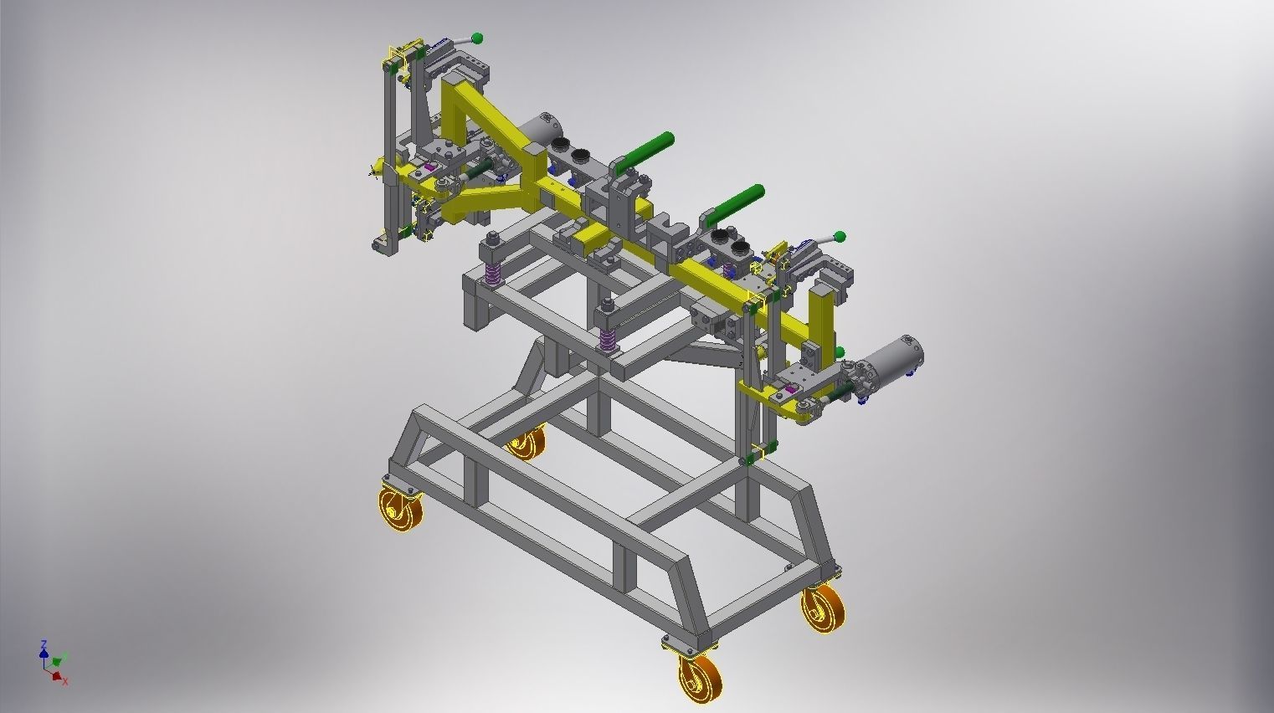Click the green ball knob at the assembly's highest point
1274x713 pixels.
click(477, 38)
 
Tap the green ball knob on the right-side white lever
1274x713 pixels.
click(840, 237)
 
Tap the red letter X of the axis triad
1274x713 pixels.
click(64, 681)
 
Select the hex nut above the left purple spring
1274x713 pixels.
click(493, 239)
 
